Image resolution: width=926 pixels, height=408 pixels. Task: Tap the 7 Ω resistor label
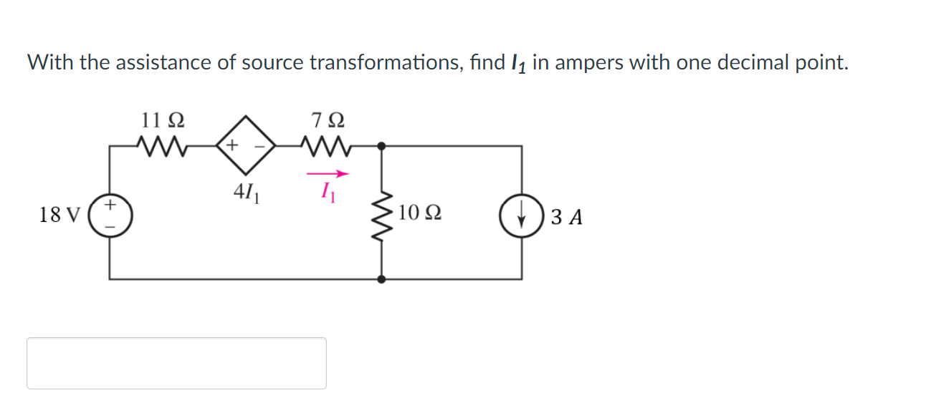coord(327,118)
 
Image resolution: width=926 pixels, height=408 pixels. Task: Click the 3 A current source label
coord(567,216)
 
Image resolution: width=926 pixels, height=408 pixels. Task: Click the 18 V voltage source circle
coord(110,214)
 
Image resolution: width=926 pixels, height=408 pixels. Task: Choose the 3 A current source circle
coord(521,214)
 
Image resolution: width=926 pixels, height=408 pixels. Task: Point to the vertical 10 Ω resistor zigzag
coord(382,213)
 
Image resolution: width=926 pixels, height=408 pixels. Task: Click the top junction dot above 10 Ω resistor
coord(382,145)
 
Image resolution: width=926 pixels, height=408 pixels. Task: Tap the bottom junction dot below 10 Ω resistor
coord(382,279)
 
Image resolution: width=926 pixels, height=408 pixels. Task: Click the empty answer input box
coord(176,363)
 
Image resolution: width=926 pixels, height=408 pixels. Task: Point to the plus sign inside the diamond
coord(232,145)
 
